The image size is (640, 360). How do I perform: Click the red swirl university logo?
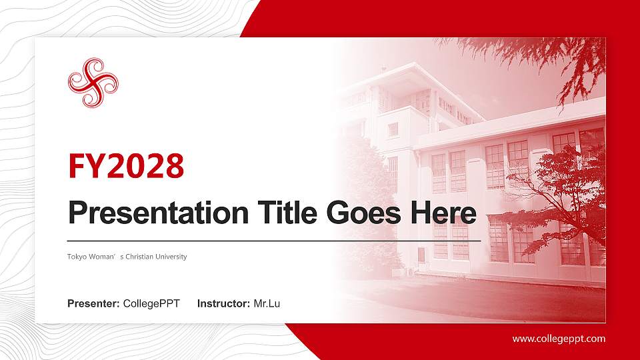point(93,83)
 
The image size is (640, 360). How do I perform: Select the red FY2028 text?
point(126,167)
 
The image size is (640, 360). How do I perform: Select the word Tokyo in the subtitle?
point(76,257)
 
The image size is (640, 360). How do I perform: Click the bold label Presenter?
point(93,304)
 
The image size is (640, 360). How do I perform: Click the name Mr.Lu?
point(267,304)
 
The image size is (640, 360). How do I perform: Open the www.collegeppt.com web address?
point(559,339)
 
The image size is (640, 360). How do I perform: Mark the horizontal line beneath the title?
point(273,240)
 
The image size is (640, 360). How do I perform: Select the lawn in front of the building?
point(480,297)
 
